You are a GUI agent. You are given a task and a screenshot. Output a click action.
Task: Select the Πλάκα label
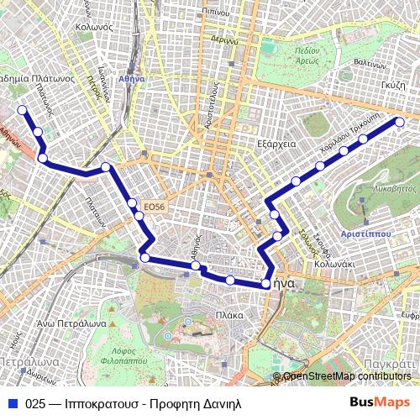pyautogui.click(x=229, y=315)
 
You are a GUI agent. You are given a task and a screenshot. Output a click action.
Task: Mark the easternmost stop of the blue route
pyautogui.click(x=399, y=123)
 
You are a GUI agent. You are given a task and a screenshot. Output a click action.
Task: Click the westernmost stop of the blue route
pyautogui.click(x=21, y=109)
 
